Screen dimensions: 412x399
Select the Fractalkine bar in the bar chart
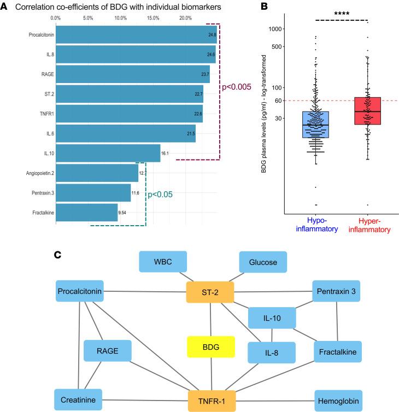click(x=86, y=212)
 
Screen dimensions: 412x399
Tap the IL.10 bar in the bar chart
click(x=108, y=153)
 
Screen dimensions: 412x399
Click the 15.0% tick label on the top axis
click(x=154, y=17)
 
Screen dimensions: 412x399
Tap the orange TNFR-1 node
click(x=212, y=400)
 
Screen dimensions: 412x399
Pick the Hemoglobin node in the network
click(x=338, y=400)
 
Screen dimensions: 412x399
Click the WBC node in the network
click(x=163, y=262)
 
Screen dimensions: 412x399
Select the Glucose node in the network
click(x=263, y=262)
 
